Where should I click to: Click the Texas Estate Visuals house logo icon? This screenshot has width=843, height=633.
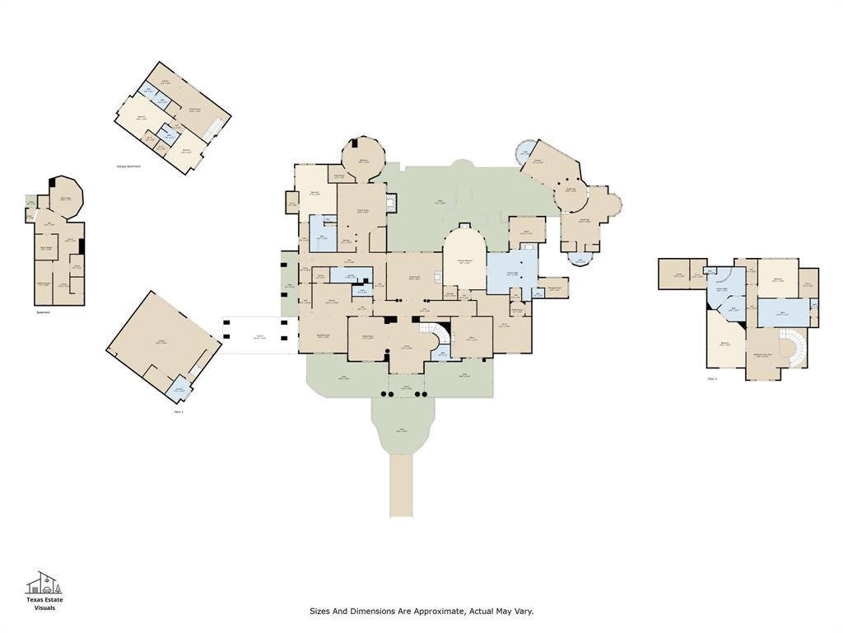point(44,583)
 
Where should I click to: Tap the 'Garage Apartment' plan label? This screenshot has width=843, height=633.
point(128,166)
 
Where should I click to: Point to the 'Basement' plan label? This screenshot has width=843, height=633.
point(43,312)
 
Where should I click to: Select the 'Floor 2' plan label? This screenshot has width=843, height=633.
point(712,378)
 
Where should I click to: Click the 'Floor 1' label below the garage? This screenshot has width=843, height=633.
point(179,411)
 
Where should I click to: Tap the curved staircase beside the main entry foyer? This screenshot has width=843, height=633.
point(442,335)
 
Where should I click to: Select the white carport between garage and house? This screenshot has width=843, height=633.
point(258,336)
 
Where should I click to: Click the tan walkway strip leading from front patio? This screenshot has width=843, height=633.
point(401,486)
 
